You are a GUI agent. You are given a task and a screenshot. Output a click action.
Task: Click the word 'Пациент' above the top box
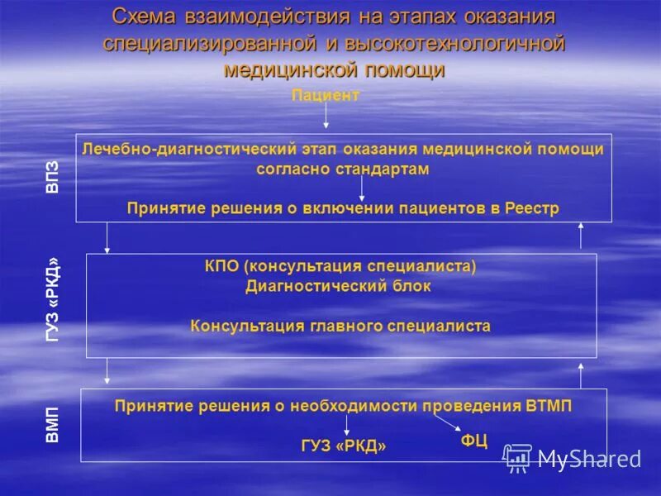point(326,96)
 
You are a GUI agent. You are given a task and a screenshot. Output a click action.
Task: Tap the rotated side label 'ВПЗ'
point(53,178)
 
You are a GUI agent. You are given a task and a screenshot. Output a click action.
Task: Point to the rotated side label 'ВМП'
point(53,424)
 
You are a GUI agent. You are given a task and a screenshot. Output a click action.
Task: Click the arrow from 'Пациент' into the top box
point(326,117)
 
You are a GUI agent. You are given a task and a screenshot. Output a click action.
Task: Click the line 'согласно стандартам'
point(343,169)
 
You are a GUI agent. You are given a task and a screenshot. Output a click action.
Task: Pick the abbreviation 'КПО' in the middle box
point(222,267)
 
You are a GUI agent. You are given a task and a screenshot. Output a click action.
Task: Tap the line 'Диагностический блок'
point(338,286)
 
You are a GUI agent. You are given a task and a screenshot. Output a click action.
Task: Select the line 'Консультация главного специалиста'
point(340,326)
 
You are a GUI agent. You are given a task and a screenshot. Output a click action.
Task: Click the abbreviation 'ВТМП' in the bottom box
point(548,406)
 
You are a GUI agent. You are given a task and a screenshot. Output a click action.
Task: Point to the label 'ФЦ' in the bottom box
point(473,441)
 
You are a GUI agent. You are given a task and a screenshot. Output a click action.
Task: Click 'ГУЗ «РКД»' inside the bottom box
point(345,446)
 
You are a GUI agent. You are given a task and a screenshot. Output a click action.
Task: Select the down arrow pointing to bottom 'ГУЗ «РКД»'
point(346,424)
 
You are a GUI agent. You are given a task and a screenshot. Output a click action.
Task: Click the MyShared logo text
point(589,458)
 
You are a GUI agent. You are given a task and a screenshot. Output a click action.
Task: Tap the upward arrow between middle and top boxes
point(580,237)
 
